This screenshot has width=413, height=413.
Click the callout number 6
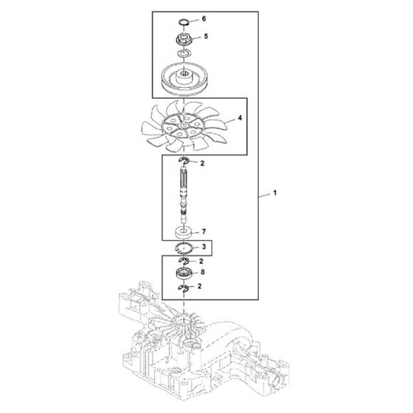[x=204, y=19]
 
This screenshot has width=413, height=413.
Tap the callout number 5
[x=206, y=36]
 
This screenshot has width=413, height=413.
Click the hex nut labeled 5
[x=184, y=39]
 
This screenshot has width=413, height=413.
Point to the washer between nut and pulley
[x=184, y=53]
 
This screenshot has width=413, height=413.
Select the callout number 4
[x=240, y=118]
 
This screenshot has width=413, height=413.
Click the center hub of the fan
[x=183, y=125]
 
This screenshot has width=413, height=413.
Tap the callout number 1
[x=274, y=192]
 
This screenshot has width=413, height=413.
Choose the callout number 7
[x=204, y=232]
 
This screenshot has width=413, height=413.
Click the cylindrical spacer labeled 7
[x=184, y=232]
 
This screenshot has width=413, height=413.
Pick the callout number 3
[x=204, y=247]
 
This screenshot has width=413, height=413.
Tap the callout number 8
[x=203, y=272]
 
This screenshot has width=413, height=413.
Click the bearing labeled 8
[x=184, y=273]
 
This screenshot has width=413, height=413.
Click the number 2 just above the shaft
[x=202, y=163]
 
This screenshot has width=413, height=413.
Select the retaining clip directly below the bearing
[x=184, y=288]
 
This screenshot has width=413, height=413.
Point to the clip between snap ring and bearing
[x=184, y=261]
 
